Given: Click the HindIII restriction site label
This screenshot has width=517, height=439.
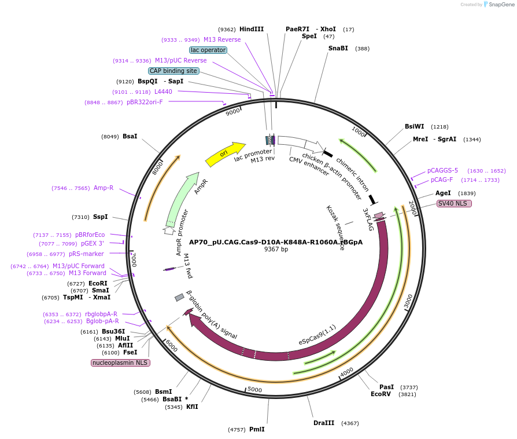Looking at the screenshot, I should [x=251, y=29].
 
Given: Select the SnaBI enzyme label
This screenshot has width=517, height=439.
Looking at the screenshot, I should [x=338, y=48].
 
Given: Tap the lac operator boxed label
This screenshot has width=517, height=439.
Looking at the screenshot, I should [x=208, y=50].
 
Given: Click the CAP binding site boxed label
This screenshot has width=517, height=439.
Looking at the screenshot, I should [x=173, y=71].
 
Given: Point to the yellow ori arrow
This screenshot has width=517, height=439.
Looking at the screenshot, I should [x=225, y=153].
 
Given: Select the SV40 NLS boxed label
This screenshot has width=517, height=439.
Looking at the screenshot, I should [x=454, y=203].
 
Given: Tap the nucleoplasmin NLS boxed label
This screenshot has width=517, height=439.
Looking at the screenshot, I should [x=120, y=363].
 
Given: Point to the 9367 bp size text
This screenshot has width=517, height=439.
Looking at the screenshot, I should [x=276, y=250].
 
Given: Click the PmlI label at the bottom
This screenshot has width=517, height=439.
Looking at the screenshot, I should [x=257, y=429].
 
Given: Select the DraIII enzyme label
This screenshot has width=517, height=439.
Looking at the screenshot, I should [x=323, y=423].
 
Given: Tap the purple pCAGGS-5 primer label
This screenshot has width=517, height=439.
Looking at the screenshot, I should [x=442, y=170].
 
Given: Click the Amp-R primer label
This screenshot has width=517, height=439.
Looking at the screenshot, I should [x=104, y=188].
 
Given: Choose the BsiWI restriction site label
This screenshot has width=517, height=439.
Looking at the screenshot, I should [x=414, y=126].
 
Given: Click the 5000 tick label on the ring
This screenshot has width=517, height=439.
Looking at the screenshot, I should [x=254, y=390].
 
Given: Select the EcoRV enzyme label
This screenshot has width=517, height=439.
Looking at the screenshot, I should [x=381, y=394].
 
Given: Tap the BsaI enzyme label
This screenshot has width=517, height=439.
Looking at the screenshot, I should [x=130, y=136].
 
